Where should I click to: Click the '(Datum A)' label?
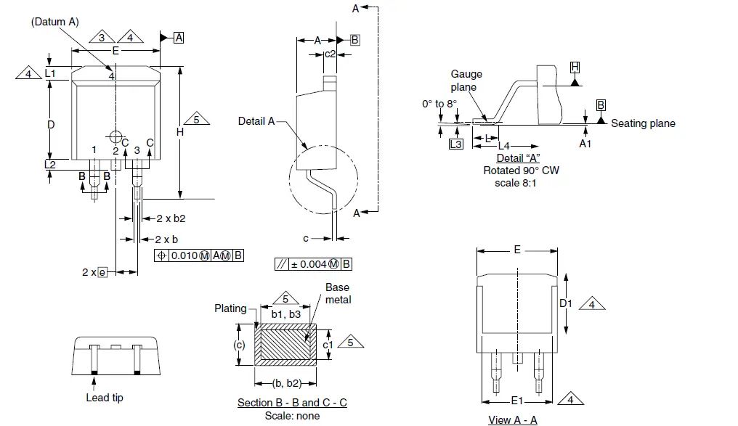[54, 22]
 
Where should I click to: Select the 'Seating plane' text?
[643, 123]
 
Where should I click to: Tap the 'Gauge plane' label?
[466, 81]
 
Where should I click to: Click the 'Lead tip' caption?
[105, 397]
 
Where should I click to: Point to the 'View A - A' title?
[513, 419]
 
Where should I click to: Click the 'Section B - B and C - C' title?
[292, 403]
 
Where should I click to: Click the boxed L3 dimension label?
[455, 144]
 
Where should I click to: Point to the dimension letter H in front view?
[179, 132]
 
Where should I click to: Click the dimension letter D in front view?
[51, 125]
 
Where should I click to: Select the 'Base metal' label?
[338, 293]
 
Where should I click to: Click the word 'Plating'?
[230, 308]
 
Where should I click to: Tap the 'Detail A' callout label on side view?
[256, 121]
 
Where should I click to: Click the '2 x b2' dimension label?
[171, 218]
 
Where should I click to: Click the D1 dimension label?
[565, 303]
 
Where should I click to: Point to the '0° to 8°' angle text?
[439, 104]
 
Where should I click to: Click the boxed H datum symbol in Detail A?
[575, 67]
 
